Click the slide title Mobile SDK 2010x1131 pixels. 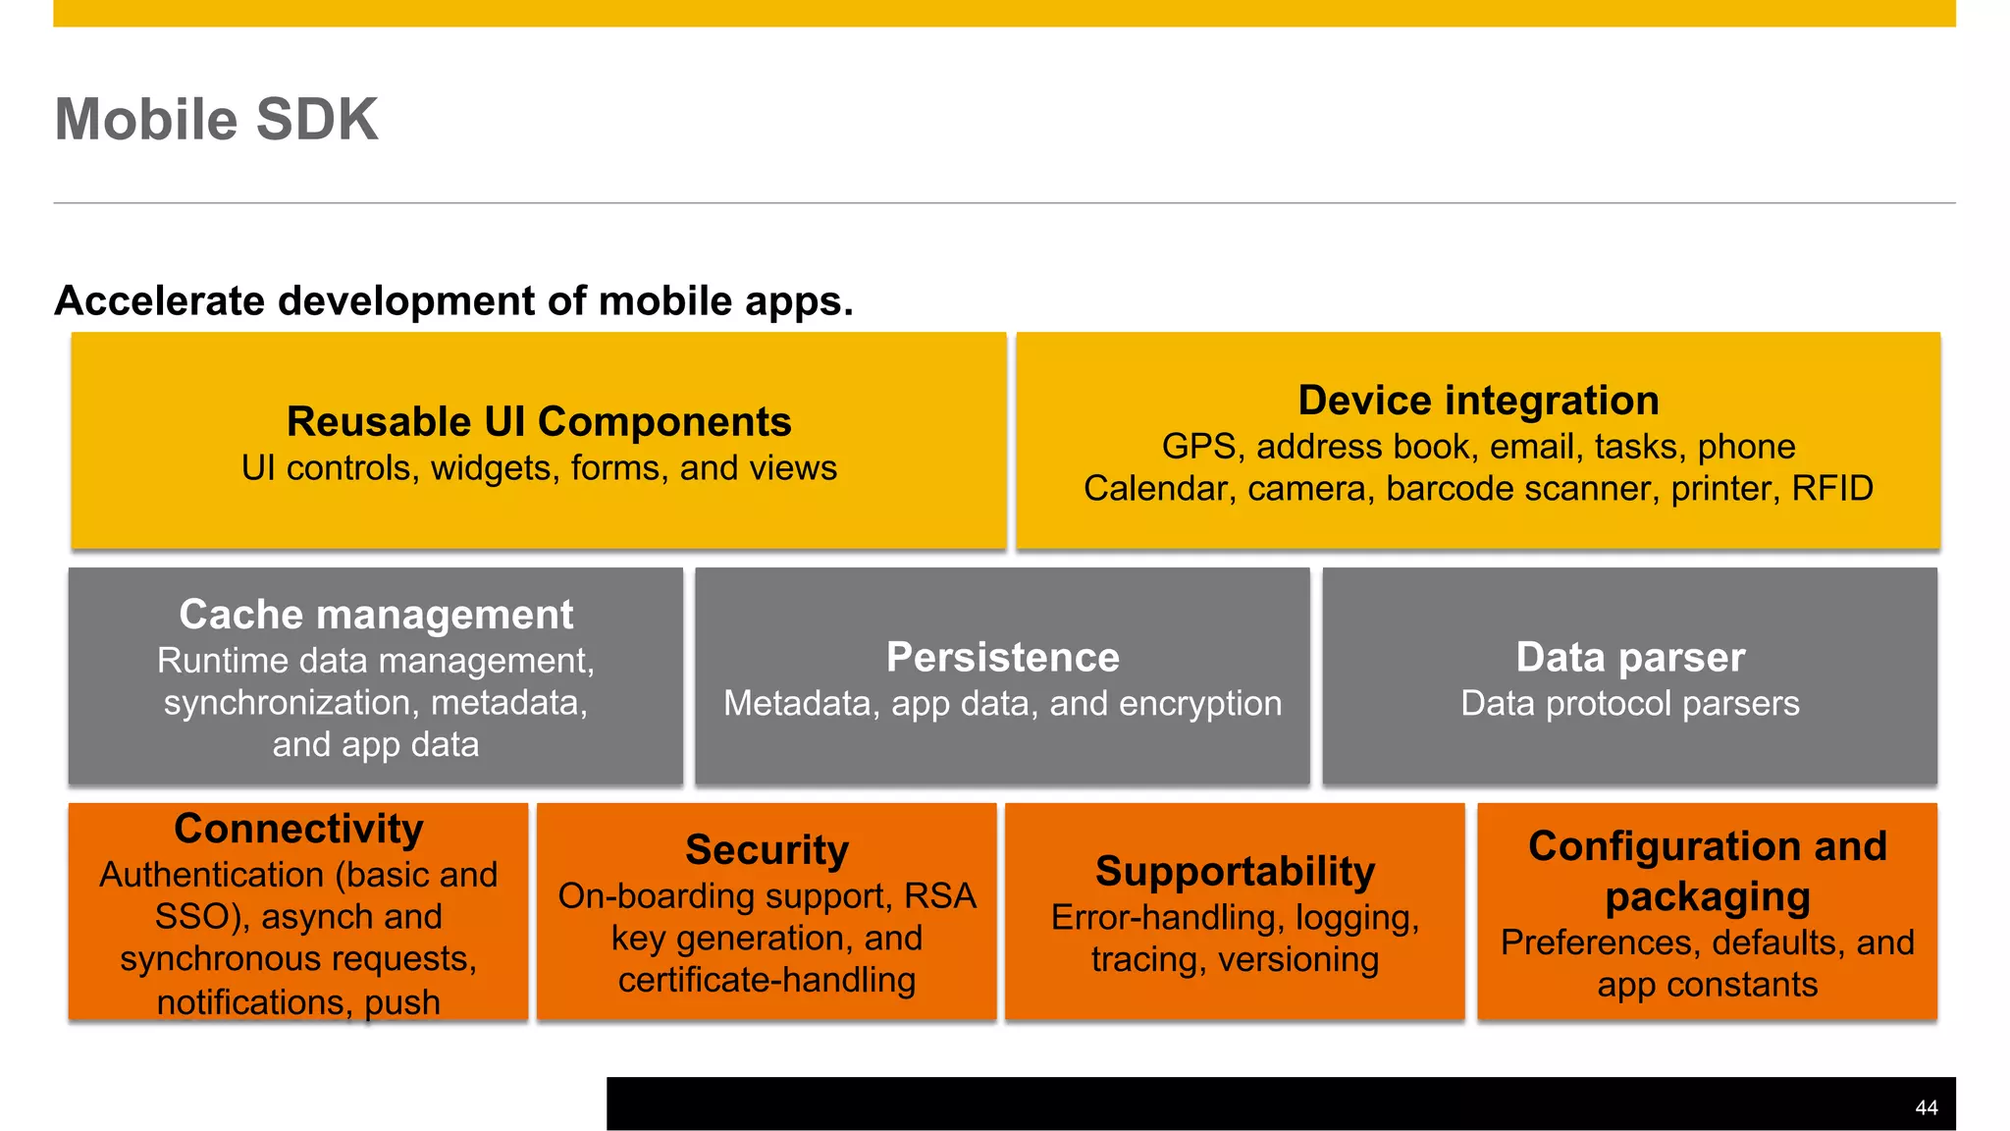click(x=216, y=120)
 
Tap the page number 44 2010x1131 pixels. click(x=1926, y=1107)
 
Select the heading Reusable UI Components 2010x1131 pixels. click(x=539, y=422)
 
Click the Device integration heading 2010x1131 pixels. click(x=1478, y=401)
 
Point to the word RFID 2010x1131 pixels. click(x=1832, y=488)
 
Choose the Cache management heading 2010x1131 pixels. click(x=376, y=615)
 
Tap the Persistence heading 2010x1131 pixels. click(x=1002, y=657)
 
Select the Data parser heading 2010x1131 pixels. click(x=1630, y=657)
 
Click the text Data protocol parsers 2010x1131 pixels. click(x=1630, y=704)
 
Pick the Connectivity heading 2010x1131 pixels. click(x=298, y=829)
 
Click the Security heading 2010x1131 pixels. click(x=767, y=850)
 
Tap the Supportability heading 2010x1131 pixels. click(x=1235, y=872)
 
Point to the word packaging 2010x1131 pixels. click(x=1708, y=897)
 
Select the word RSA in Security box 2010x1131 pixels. click(x=940, y=896)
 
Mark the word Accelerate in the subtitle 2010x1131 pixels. click(x=159, y=301)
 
